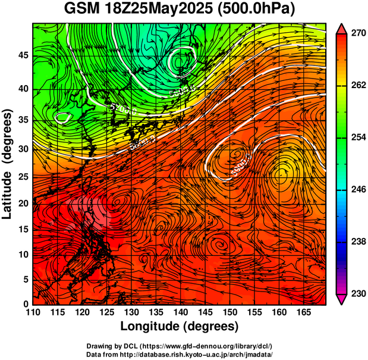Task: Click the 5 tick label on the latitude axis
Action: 24,278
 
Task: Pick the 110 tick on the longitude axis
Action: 33,312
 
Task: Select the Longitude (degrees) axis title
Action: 180,326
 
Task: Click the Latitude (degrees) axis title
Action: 8,164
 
